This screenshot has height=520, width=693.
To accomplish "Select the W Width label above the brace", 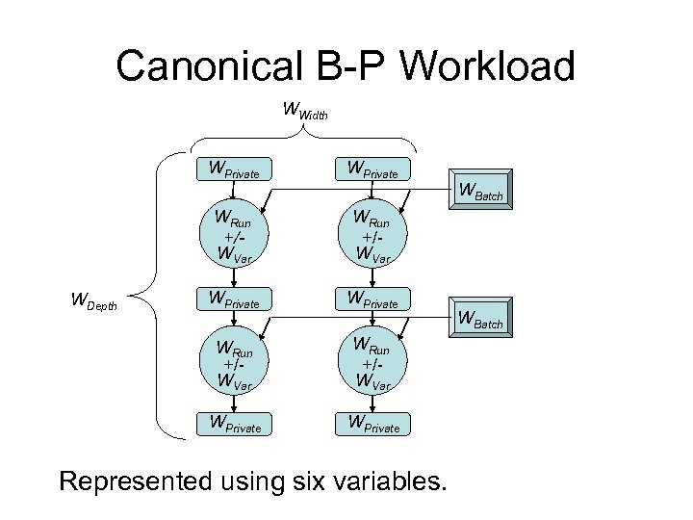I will [305, 111].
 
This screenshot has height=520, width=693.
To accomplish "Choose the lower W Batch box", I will [480, 319].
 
